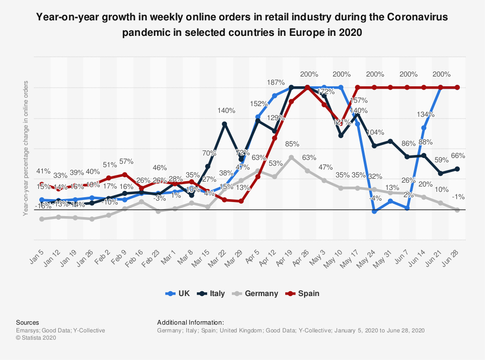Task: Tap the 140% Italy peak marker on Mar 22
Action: point(225,124)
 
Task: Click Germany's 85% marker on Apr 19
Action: point(291,157)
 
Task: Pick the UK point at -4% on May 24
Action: point(374,211)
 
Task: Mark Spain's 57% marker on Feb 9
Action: point(125,174)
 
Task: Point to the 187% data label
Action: point(275,83)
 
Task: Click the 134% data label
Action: point(425,115)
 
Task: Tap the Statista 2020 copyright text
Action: point(36,338)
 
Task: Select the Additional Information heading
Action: point(191,322)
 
